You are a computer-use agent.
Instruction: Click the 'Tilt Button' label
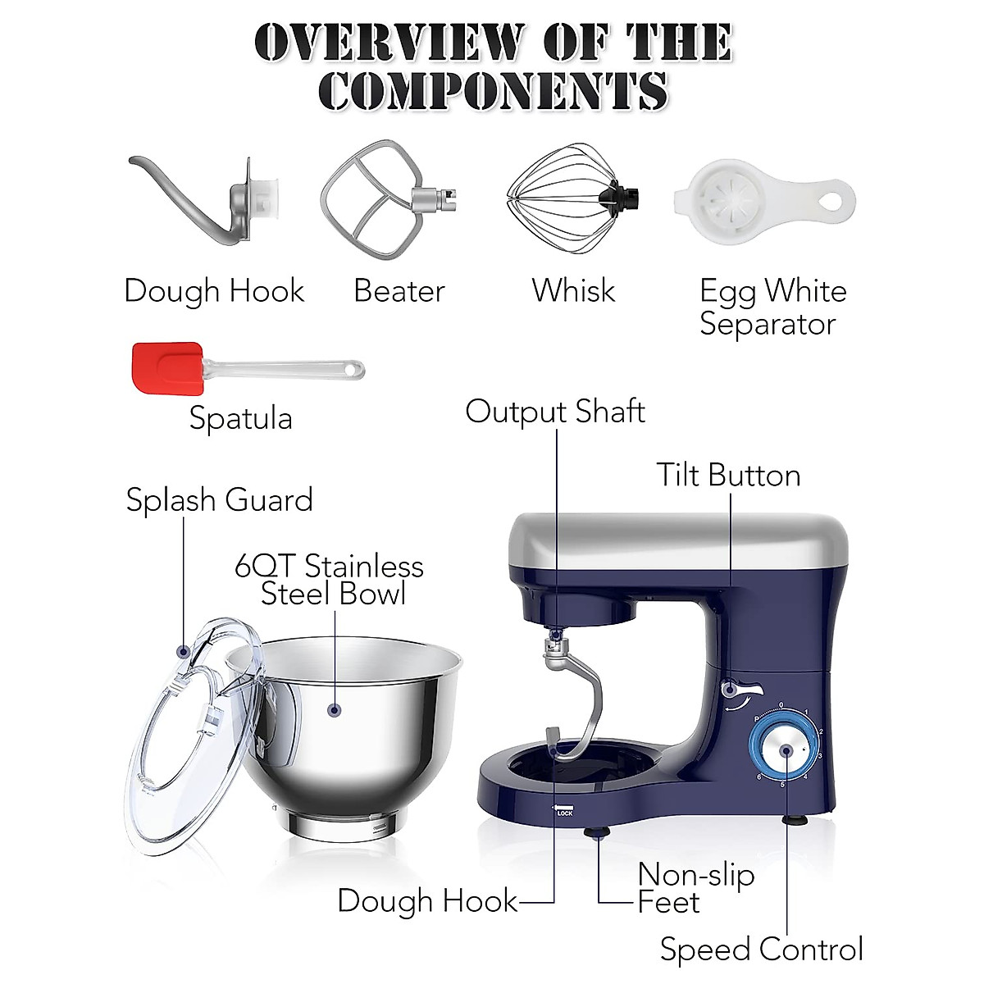point(728,476)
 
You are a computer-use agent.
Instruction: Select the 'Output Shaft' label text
point(555,412)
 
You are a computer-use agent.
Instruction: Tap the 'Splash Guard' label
point(219,500)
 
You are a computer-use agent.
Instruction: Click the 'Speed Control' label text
point(762,949)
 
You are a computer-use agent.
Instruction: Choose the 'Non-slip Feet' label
point(695,888)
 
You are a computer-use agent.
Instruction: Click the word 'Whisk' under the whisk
point(573,290)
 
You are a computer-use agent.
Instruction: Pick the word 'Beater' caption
point(399,291)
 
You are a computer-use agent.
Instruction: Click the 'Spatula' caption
point(240,418)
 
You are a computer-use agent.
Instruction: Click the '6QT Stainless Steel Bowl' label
point(330,580)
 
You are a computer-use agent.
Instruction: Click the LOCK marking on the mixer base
point(563,812)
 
